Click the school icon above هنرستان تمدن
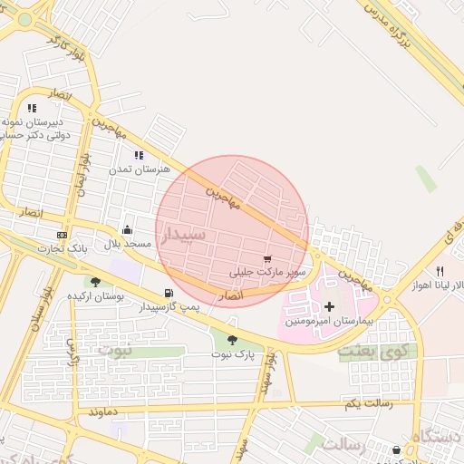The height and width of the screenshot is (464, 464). tap(139, 156)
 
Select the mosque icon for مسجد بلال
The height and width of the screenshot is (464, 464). tap(127, 229)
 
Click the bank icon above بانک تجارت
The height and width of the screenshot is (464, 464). tap(61, 235)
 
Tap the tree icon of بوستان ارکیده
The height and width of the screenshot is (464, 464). tap(95, 283)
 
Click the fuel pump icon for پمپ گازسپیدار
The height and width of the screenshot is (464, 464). tap(169, 293)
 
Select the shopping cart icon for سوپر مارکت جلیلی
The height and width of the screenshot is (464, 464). tap(266, 258)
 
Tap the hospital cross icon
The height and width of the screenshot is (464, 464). tap(329, 307)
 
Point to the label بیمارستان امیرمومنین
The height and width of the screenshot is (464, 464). tap(328, 322)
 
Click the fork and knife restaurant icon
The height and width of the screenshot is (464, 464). tap(440, 270)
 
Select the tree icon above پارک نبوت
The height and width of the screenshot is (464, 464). tap(232, 340)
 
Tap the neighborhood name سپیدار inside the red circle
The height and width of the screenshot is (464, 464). tap(185, 235)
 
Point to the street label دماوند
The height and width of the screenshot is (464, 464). tap(105, 411)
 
